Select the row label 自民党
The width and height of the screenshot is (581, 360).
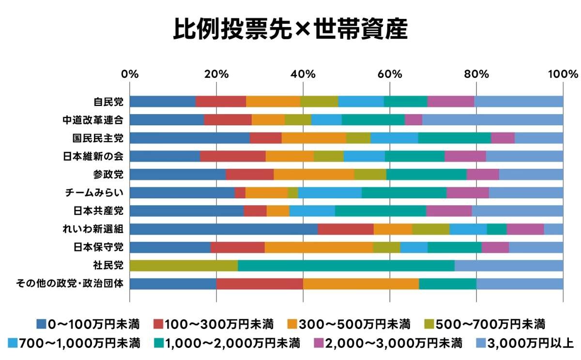click(x=108, y=102)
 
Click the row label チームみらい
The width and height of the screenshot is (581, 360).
click(x=94, y=193)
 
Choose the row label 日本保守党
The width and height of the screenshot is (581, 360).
click(x=99, y=247)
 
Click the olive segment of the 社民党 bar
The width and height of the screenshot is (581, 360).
click(x=183, y=266)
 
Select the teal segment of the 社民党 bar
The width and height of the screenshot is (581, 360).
click(x=346, y=266)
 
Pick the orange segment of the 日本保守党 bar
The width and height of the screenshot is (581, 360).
click(x=319, y=247)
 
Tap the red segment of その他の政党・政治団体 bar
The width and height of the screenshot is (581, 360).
click(x=260, y=284)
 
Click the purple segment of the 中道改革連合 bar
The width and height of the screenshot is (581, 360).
click(x=413, y=120)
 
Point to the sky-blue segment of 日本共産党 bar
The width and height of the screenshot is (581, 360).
click(x=312, y=211)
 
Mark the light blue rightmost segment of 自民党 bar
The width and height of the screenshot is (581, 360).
click(x=519, y=102)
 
